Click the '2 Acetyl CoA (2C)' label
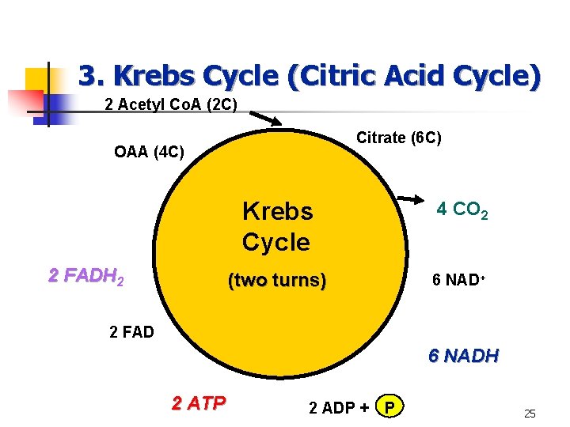click(171, 104)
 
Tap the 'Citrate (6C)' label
click(399, 138)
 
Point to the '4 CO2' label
click(462, 210)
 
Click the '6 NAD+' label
click(458, 281)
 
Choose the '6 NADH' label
click(463, 356)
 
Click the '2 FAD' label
click(131, 331)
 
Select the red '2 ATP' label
click(199, 402)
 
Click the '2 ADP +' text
click(339, 408)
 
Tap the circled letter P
click(388, 407)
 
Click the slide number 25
click(530, 414)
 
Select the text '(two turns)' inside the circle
click(275, 281)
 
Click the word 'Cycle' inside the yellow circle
click(275, 242)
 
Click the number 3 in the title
click(86, 76)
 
